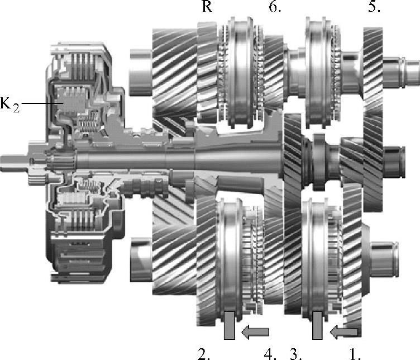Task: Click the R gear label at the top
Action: (x=207, y=7)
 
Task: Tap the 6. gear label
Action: (x=275, y=7)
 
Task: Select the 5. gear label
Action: (x=374, y=7)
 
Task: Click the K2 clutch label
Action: (x=10, y=104)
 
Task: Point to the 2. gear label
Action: (x=203, y=354)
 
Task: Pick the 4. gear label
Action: (x=270, y=354)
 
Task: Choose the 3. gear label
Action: (x=296, y=354)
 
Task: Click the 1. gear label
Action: (x=355, y=354)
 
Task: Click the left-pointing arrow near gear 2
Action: (x=255, y=332)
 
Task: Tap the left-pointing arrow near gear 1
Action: (x=344, y=332)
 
